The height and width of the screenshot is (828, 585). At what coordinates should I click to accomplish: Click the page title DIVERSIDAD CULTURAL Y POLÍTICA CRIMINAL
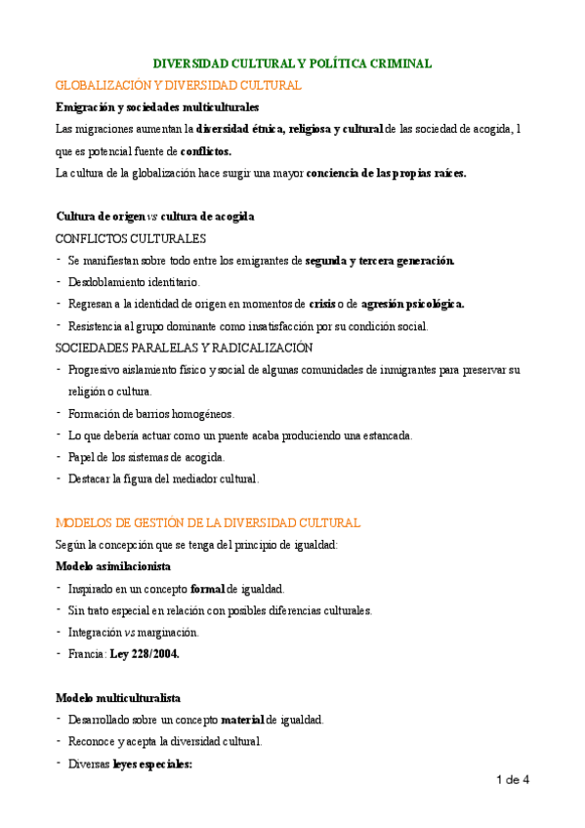[293, 63]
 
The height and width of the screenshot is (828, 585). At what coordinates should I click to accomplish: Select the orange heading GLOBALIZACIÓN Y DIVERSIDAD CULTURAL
[179, 85]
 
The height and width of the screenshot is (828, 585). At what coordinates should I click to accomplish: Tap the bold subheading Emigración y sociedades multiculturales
[157, 106]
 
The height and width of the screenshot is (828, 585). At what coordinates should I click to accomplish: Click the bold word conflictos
[206, 151]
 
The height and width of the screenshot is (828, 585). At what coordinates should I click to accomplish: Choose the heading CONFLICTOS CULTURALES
[131, 237]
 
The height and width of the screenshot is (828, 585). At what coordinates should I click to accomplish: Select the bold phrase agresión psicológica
[412, 303]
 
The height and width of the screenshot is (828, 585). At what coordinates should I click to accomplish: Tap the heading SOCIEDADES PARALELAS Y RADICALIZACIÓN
[185, 347]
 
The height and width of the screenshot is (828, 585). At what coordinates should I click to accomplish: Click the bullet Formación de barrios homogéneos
[151, 413]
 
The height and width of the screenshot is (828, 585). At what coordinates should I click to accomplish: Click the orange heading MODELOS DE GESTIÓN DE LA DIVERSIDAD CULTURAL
[208, 522]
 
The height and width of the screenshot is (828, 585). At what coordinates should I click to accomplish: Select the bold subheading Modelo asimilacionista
[113, 566]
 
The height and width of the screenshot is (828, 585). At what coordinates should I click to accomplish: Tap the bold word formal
[208, 589]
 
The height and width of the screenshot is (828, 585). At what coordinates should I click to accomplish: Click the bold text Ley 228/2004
[145, 654]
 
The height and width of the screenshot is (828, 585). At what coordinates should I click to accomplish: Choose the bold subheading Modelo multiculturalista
[118, 698]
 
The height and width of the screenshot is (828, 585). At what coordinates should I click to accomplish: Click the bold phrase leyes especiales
[153, 765]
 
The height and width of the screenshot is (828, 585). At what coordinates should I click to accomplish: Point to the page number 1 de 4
[513, 779]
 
